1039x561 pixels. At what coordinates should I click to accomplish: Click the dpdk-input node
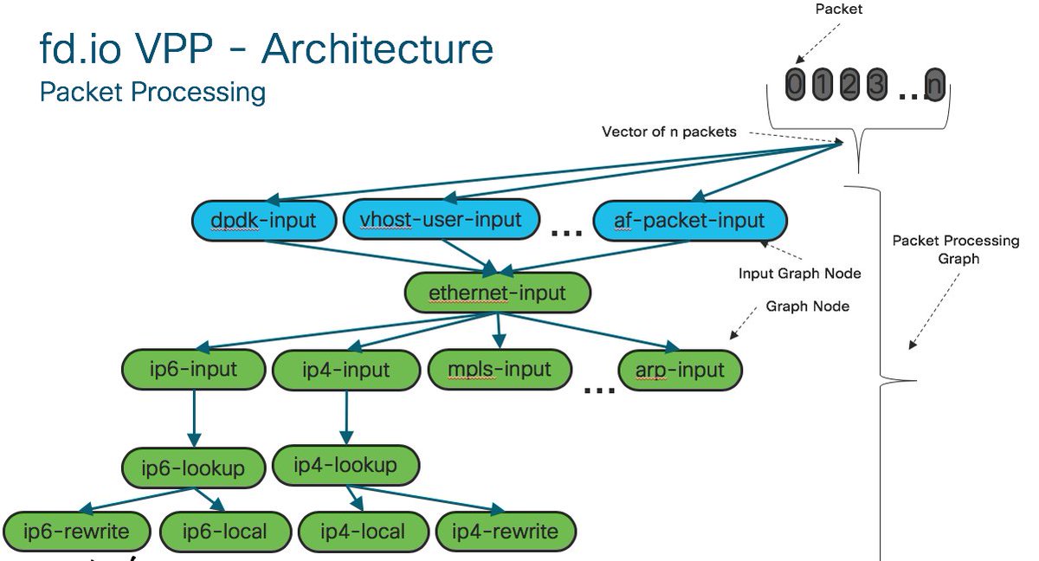coord(264,221)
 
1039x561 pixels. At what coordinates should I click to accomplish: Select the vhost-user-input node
coord(441,219)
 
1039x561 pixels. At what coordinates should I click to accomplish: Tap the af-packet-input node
coord(690,221)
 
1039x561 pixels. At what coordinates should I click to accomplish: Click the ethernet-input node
coord(498,293)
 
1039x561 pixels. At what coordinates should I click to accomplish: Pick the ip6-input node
coord(193,370)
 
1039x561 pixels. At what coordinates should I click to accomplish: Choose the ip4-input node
coord(346,370)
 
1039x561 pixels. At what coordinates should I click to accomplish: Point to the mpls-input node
coord(500,370)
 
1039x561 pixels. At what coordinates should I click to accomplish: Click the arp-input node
coord(680,370)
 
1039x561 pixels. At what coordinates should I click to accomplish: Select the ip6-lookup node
coord(193,467)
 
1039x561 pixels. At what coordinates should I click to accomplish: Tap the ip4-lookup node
coord(346,465)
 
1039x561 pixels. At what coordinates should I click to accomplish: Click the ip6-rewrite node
coord(76,532)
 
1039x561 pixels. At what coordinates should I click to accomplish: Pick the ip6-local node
coord(225,532)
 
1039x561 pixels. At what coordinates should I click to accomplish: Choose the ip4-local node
coord(363,532)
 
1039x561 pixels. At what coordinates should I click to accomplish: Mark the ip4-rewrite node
coord(506,532)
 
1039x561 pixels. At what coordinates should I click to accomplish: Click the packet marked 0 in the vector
coord(795,84)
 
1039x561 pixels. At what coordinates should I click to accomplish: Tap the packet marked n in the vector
coord(934,84)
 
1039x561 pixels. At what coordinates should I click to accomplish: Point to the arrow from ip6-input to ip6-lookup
coord(194,418)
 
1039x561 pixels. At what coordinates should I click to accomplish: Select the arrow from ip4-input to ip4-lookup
coord(346,417)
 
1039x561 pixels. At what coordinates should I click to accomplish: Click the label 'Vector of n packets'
coord(668,132)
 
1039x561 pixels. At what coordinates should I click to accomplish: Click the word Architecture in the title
coord(378,49)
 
